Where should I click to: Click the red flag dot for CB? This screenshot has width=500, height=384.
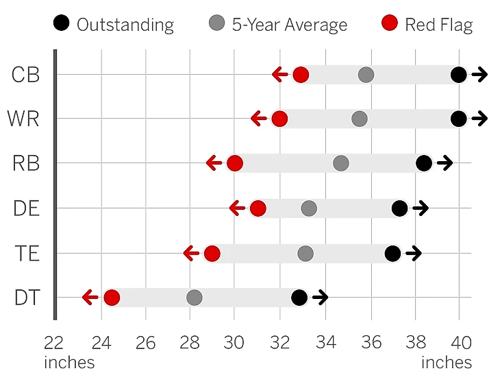pyautogui.click(x=300, y=75)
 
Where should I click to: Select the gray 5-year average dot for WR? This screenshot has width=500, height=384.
pyautogui.click(x=360, y=119)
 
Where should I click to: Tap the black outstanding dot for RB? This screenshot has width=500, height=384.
pyautogui.click(x=424, y=163)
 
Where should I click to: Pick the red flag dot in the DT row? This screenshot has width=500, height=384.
pyautogui.click(x=112, y=298)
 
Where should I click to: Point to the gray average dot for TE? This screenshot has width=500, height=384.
pyautogui.click(x=305, y=254)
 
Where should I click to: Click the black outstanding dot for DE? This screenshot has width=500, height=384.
pyautogui.click(x=400, y=208)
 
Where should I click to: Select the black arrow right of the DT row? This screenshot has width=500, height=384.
pyautogui.click(x=320, y=298)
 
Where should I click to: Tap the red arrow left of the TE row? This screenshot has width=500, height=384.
pyautogui.click(x=191, y=254)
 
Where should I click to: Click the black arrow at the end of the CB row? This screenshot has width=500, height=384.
pyautogui.click(x=479, y=75)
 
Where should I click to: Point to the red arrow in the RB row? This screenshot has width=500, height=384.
pyautogui.click(x=214, y=163)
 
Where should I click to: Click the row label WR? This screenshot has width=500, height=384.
pyautogui.click(x=24, y=119)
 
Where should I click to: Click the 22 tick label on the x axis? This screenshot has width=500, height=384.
pyautogui.click(x=55, y=343)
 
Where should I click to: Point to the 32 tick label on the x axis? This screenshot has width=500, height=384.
pyautogui.click(x=279, y=343)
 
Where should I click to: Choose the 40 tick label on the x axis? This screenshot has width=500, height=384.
pyautogui.click(x=460, y=343)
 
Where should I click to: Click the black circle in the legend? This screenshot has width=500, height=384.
pyautogui.click(x=61, y=25)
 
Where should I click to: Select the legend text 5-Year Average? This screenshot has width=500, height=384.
pyautogui.click(x=289, y=25)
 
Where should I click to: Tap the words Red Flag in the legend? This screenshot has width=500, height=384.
pyautogui.click(x=439, y=25)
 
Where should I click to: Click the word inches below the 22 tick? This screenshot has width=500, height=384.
pyautogui.click(x=68, y=362)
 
